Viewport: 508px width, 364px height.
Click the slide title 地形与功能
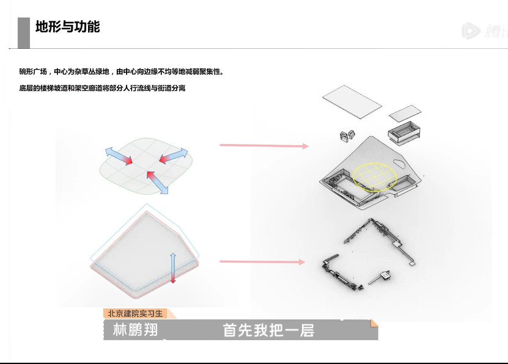pos(68,27)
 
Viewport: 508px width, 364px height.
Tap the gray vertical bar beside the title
pos(24,32)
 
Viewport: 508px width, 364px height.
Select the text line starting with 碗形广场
pos(122,71)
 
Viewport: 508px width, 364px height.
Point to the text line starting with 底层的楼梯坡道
pos(102,89)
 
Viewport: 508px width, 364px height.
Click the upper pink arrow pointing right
pos(263,145)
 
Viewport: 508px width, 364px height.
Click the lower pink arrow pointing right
pos(262,262)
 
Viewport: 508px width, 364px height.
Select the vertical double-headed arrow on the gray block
pos(173,268)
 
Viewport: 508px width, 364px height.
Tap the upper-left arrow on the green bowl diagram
pos(118,156)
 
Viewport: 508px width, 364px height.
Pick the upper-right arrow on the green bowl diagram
pos(173,156)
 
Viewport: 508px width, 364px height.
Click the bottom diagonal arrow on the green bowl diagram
pos(156,182)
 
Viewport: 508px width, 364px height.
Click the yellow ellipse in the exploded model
pos(373,178)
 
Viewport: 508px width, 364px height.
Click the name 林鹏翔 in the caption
pos(135,330)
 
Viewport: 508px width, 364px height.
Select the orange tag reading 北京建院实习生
pos(136,313)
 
